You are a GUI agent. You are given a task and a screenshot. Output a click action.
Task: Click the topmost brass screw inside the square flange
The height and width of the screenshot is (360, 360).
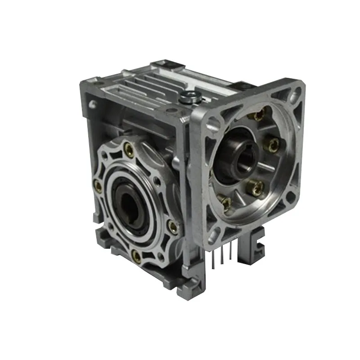tap(258, 116)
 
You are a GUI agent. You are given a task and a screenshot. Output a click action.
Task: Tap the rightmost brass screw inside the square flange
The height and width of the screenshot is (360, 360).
tap(273, 144)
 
